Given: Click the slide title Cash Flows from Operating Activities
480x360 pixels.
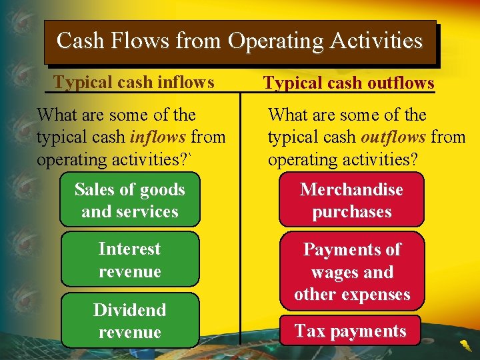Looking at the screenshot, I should [240, 41].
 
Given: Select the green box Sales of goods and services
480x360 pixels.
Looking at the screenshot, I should [130, 201].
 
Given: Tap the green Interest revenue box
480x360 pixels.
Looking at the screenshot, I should [130, 260].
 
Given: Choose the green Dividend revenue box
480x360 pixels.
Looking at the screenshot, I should [130, 321].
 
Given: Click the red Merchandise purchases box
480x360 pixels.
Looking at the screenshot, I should [351, 201].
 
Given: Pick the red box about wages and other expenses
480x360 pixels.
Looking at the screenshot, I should [351, 271].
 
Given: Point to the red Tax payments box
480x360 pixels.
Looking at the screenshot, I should [350, 331].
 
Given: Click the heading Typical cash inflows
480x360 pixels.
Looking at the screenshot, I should [134, 82].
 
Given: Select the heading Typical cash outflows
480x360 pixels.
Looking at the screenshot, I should [349, 83].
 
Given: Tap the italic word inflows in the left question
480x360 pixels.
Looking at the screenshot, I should [157, 137].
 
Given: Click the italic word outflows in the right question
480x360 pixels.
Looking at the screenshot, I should [393, 137].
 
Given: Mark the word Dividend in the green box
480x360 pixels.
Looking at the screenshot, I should [130, 310].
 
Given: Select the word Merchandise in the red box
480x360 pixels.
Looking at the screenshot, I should [351, 190].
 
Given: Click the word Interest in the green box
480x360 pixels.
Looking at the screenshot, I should [130, 249].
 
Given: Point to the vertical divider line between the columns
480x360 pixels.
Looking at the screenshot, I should [240, 220].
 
